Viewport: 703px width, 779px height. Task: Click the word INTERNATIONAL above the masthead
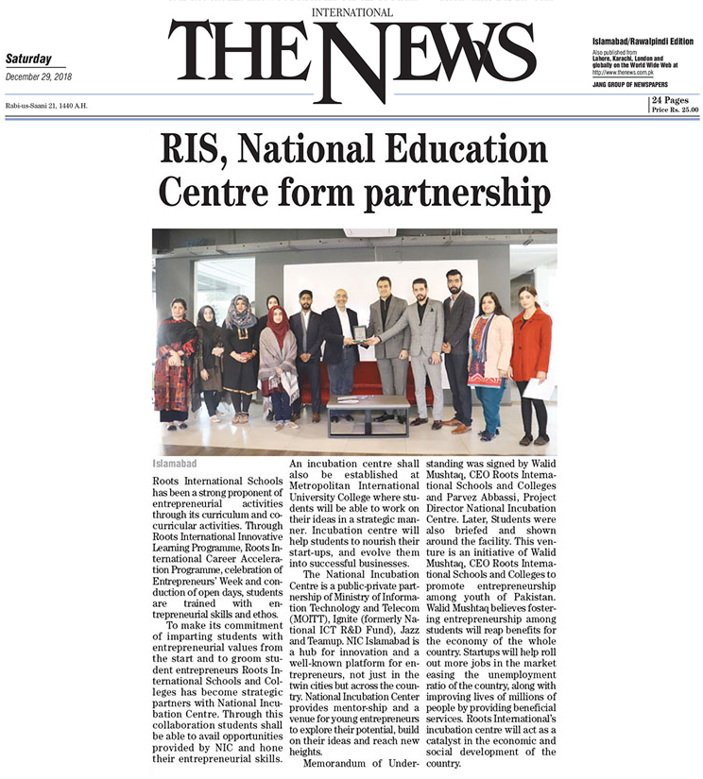[351, 12]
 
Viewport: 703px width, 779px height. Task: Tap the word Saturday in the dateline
[28, 59]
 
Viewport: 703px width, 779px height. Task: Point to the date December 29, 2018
[38, 77]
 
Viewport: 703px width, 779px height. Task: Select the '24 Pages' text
[669, 100]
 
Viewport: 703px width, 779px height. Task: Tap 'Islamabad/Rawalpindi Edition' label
[642, 42]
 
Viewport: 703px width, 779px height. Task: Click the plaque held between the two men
[358, 332]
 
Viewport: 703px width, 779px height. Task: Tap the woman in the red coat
[531, 359]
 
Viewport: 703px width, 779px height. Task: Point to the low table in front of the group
[368, 414]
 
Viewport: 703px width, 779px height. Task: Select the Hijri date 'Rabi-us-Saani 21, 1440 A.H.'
[45, 105]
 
